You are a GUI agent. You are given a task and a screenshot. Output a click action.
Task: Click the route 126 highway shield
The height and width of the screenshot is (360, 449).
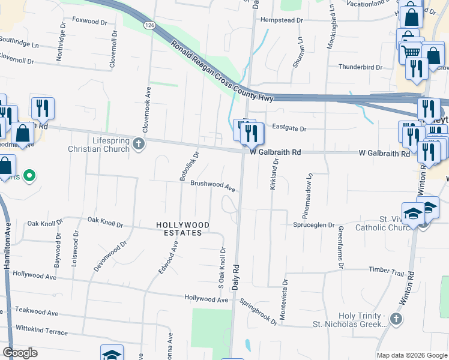pos(149,25)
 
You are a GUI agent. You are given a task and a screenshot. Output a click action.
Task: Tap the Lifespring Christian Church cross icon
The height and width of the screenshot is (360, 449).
pos(139,143)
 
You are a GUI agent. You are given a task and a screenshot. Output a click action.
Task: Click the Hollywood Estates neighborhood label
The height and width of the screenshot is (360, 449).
pos(183,229)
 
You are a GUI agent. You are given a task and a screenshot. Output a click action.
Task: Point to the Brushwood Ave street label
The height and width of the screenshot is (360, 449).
pos(213,185)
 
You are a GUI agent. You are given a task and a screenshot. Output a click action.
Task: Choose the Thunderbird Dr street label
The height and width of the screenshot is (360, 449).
pos(360,67)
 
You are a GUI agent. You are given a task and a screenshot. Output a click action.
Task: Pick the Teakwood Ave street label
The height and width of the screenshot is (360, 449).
pos(37,313)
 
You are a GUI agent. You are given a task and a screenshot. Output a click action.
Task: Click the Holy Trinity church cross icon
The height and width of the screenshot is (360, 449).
pos(395,319)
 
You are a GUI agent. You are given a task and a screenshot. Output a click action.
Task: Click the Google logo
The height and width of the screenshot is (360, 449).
pos(20,352)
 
